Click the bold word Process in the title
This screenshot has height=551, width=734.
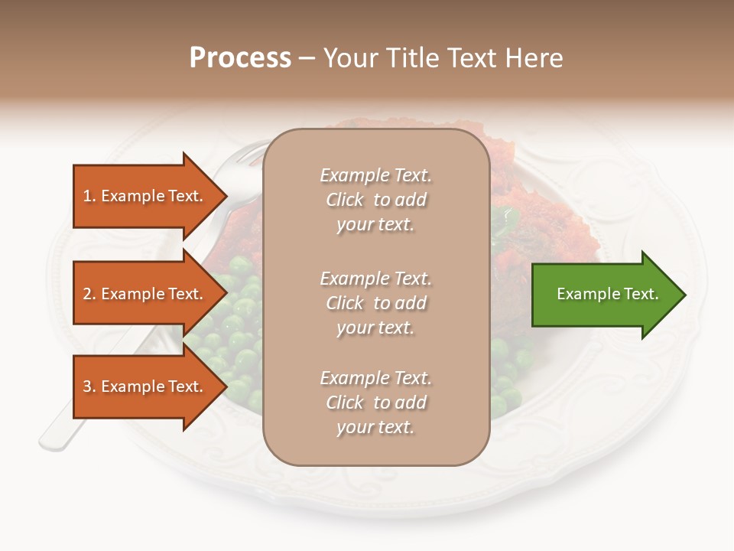click(x=240, y=58)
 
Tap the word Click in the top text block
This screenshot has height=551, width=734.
click(x=345, y=200)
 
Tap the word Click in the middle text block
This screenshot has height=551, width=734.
click(x=345, y=303)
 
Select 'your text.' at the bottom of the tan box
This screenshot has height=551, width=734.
click(x=375, y=427)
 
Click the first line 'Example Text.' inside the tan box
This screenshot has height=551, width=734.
click(x=375, y=175)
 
